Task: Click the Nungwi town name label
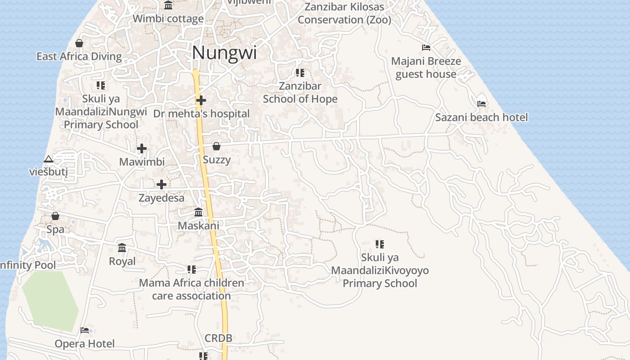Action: coord(224,53)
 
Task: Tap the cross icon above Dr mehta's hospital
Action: coord(201,100)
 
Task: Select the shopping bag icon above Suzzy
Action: coord(216,146)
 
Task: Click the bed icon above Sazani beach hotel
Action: coord(481,103)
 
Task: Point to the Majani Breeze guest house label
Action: coord(426,67)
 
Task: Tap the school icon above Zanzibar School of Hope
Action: coord(300,72)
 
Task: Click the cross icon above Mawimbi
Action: coord(142,148)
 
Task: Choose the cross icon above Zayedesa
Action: coord(162,184)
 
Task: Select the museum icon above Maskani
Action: coord(198,212)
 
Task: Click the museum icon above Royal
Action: coord(122,248)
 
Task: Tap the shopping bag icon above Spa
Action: coord(55,216)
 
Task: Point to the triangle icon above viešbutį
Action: coord(49,159)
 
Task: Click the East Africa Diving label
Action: coord(79,57)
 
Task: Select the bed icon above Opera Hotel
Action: coord(85,330)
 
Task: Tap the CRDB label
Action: coord(218,338)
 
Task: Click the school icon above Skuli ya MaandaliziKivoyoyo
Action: coord(380,244)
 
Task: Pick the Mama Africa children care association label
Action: coord(192,289)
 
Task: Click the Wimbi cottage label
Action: coord(168,19)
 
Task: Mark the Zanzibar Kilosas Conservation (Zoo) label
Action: coord(344,13)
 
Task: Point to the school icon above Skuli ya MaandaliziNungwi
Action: coord(101,85)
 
